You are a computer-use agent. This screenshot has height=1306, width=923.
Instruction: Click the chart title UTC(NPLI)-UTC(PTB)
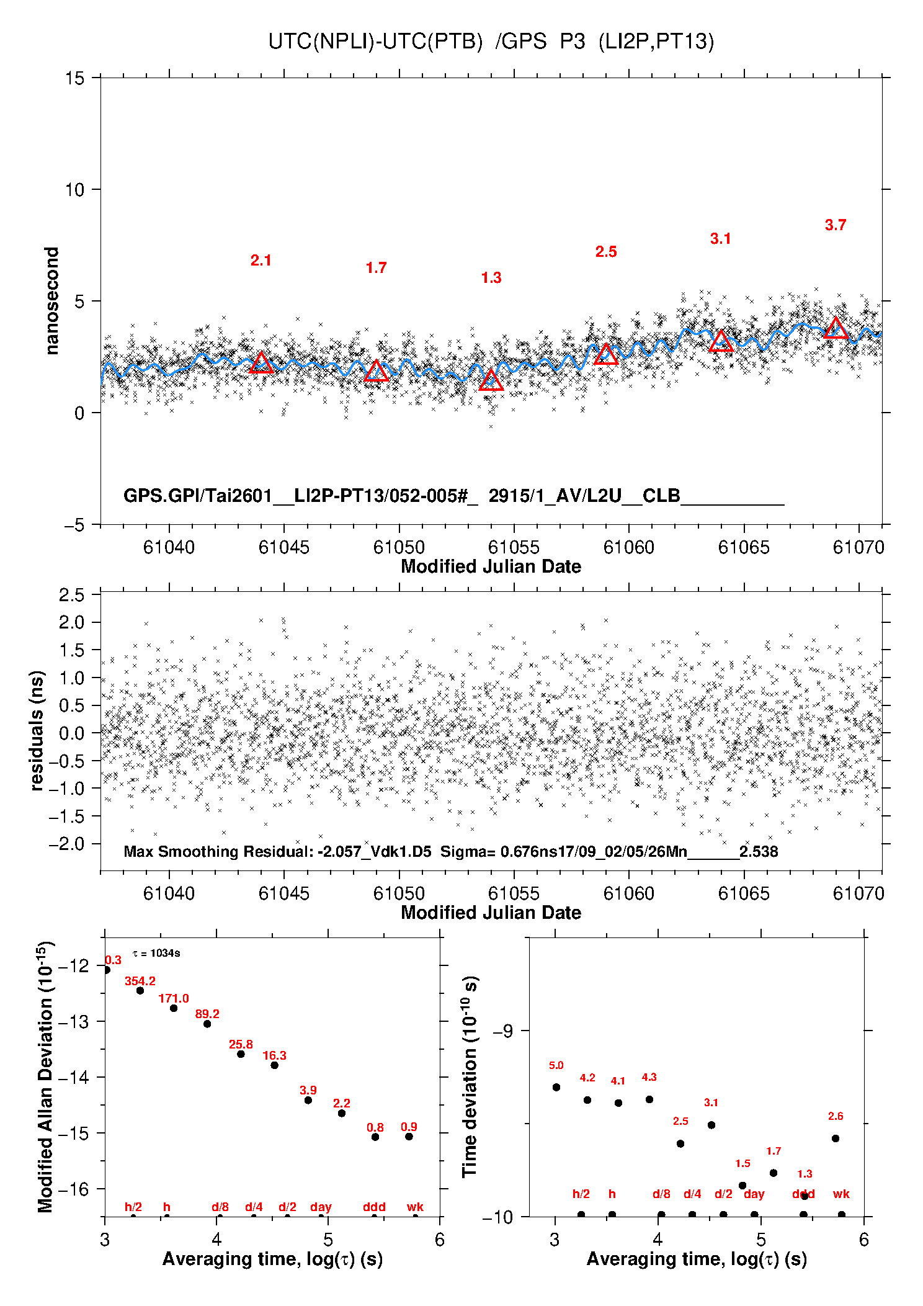375,42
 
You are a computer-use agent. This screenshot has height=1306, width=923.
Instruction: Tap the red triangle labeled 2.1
261,363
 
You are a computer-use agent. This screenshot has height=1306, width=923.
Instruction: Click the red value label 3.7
836,225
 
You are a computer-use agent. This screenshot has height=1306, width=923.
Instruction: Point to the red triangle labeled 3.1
721,342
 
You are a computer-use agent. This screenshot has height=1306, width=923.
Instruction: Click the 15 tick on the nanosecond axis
74,78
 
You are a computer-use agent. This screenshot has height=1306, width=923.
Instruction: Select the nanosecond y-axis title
51,301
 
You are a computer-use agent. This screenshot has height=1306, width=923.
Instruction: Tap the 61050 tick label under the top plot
399,547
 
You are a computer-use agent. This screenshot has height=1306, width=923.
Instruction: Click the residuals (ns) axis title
37,730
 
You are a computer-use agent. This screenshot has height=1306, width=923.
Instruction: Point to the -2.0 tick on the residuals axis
71,844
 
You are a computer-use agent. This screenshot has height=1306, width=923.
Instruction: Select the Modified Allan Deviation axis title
45,1076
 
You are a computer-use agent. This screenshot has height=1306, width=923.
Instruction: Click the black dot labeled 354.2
140,991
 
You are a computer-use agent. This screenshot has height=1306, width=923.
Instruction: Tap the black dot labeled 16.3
274,1065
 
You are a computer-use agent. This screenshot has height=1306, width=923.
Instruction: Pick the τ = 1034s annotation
156,954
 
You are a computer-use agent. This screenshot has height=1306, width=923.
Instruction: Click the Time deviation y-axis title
470,1076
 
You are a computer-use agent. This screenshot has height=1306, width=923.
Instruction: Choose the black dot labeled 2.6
836,1138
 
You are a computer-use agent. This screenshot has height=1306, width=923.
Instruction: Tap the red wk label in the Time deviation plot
841,1194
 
